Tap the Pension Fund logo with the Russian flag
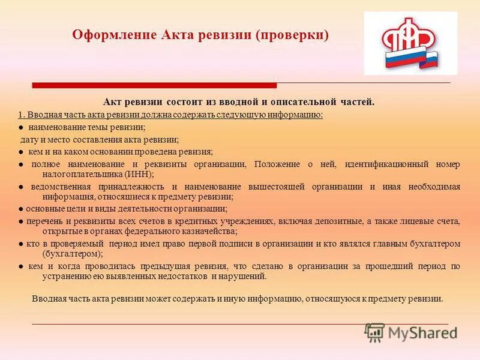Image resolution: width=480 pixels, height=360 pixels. point(410,43)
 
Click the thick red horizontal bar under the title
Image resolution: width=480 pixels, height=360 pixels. point(154,86)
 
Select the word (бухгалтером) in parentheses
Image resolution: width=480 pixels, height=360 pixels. point(67,254)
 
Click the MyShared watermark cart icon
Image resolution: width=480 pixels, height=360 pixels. point(375,332)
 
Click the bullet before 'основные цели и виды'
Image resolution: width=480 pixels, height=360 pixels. point(20,209)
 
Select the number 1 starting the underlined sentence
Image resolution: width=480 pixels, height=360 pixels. point(20,115)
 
